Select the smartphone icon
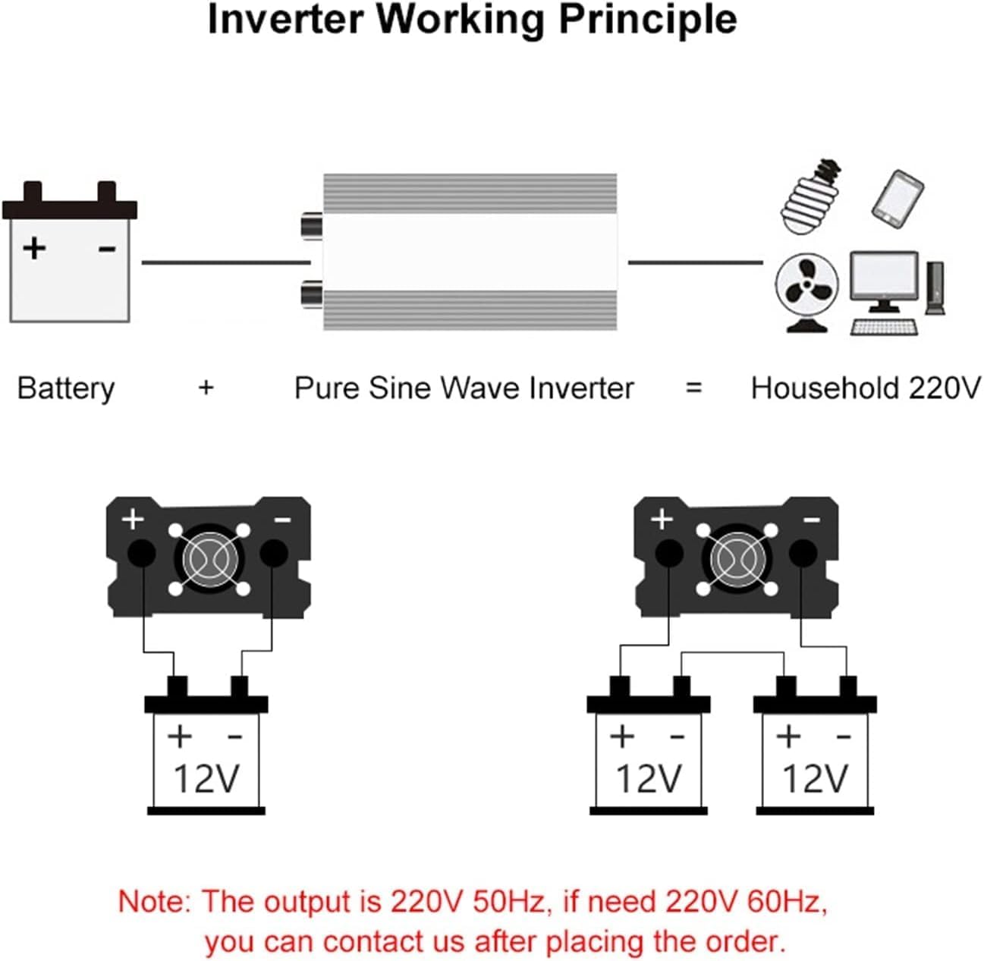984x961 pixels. [898, 199]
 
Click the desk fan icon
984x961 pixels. [806, 291]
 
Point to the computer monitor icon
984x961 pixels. [883, 280]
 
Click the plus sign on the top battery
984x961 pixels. [34, 248]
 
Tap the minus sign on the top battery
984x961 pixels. [107, 248]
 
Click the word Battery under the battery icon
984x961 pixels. [66, 388]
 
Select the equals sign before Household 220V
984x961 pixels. [693, 388]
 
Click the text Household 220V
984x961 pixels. [865, 388]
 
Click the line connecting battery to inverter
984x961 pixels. [225, 262]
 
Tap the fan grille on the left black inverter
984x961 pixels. [209, 559]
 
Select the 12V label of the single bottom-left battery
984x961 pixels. [206, 778]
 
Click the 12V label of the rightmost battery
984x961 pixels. [814, 778]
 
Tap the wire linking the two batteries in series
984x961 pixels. [732, 652]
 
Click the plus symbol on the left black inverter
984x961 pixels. [133, 520]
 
